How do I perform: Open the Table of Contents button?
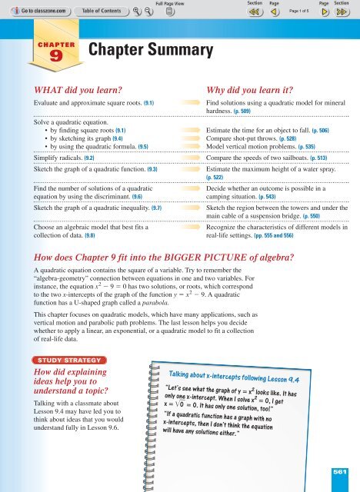point(92,12)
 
